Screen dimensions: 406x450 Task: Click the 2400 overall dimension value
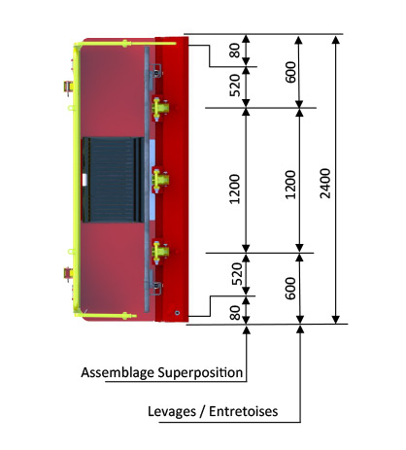[325, 184]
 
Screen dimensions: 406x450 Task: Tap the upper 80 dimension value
[235, 51]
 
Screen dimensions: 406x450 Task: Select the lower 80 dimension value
[235, 313]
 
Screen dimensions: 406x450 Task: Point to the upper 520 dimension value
[235, 86]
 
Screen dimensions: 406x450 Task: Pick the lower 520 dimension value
[237, 274]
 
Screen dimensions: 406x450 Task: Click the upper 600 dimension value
[290, 72]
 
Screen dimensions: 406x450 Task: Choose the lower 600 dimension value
[290, 289]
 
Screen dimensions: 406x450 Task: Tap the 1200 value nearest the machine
[234, 190]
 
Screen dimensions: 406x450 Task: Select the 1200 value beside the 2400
[290, 185]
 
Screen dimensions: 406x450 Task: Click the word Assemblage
[118, 372]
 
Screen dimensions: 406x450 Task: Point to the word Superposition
[200, 372]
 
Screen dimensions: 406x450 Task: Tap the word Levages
[172, 411]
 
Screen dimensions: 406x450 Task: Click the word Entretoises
[244, 411]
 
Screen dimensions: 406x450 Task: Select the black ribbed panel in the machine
[113, 180]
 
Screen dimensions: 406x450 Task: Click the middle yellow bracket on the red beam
[160, 180]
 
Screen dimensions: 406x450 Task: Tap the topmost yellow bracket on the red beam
[160, 108]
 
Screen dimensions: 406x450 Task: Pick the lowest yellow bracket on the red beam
[160, 252]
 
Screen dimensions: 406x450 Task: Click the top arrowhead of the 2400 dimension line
[336, 40]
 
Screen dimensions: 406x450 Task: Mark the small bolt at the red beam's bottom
[177, 313]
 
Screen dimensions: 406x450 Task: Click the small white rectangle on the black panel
[85, 180]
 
